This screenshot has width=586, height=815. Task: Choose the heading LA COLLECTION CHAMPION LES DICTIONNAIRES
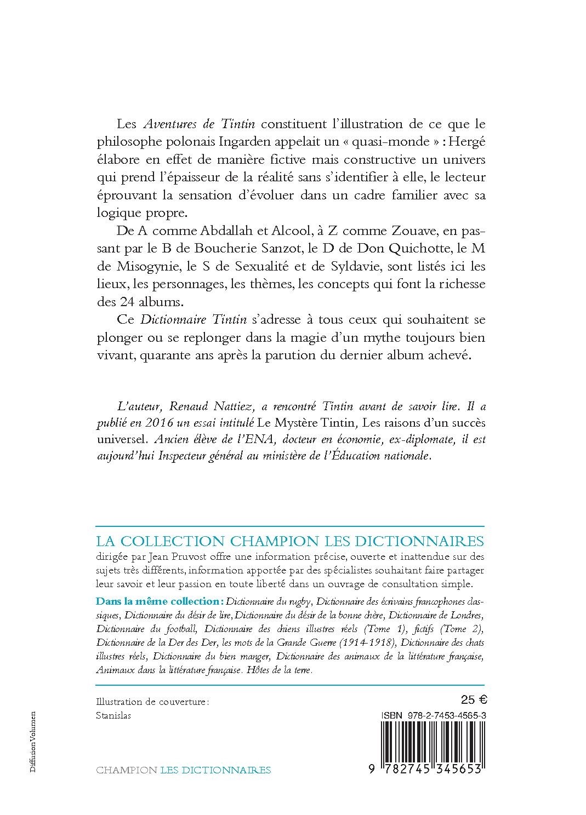tap(290, 541)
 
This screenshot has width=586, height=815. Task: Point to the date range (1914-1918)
tap(368, 642)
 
